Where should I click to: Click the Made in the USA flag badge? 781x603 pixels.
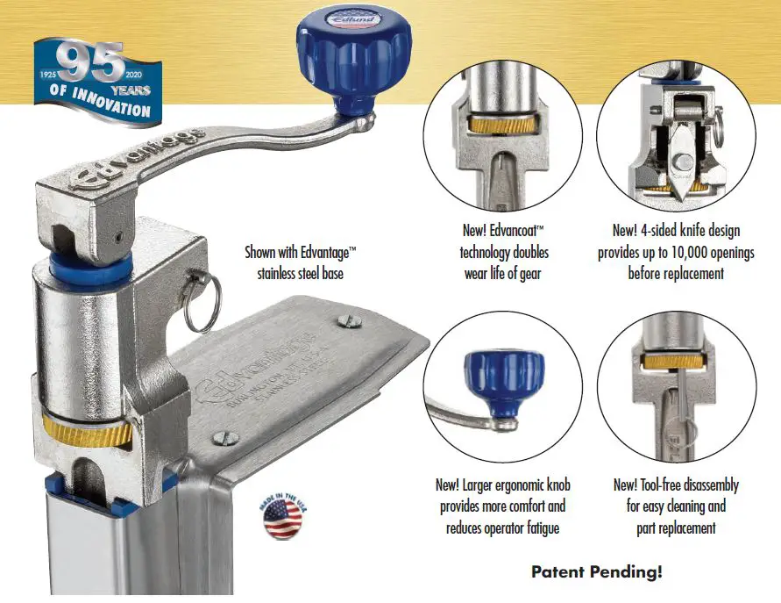click(281, 519)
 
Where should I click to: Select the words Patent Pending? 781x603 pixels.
click(596, 572)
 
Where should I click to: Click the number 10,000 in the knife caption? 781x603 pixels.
click(692, 252)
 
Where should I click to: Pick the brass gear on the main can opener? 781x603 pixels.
click(86, 430)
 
